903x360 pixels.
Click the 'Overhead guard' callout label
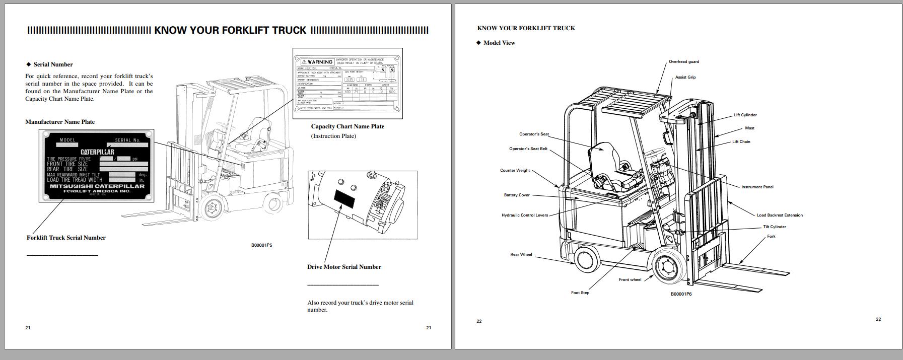coord(683,62)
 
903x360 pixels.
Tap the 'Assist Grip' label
coord(685,78)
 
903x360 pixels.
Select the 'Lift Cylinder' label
coord(745,115)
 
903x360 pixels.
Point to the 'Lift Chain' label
coord(741,142)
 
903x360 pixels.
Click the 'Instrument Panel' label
coord(757,187)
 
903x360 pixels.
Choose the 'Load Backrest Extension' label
coord(780,215)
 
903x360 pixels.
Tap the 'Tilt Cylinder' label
coord(774,227)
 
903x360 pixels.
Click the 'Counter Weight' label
coord(515,171)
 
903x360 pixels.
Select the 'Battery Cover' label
coord(517,195)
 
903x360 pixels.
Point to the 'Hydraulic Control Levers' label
coord(524,215)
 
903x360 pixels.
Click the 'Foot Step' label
coord(580,293)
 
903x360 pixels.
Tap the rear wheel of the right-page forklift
coord(585,260)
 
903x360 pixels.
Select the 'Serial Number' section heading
coord(53,64)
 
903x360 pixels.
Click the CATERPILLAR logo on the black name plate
coord(97,152)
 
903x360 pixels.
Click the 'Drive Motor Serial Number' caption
coord(344,267)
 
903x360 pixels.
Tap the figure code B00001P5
coord(261,246)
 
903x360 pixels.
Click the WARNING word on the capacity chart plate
coord(320,62)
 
